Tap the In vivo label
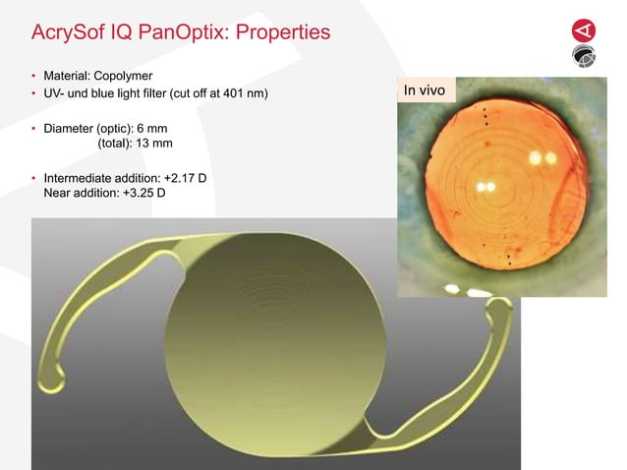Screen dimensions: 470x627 coord(425,91)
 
